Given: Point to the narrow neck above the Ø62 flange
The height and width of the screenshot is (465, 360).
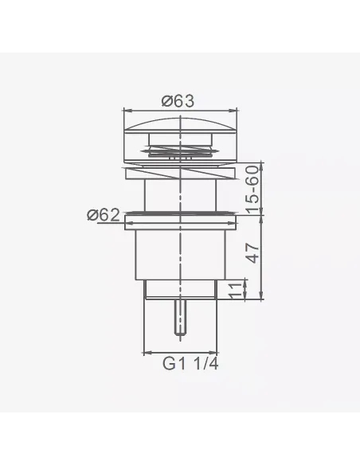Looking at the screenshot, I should [182, 194].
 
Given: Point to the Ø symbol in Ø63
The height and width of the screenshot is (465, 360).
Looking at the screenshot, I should [167, 100].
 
